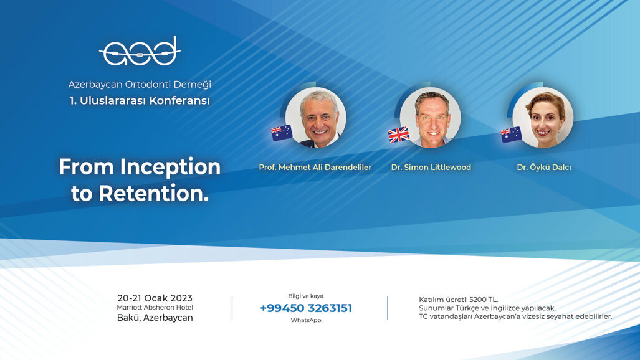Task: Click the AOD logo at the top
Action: [140, 51]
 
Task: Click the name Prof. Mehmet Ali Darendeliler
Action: [315, 168]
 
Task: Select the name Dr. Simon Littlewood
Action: [431, 168]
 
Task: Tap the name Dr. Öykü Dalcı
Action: [543, 168]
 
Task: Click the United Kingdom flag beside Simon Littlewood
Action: [398, 135]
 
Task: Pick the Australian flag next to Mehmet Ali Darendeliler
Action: [282, 133]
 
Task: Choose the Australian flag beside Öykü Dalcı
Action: [511, 135]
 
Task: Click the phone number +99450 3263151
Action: [306, 308]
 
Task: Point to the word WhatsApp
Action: [306, 320]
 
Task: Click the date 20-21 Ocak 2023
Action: [155, 298]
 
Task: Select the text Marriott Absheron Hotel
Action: [155, 308]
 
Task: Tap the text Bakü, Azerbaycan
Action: [155, 318]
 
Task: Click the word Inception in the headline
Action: [170, 168]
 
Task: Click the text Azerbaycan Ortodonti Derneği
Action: [140, 85]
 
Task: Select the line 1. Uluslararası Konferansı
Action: [140, 100]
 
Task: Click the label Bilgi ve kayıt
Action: [306, 296]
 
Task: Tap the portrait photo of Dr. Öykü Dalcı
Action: [543, 118]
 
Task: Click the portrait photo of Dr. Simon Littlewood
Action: [430, 118]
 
